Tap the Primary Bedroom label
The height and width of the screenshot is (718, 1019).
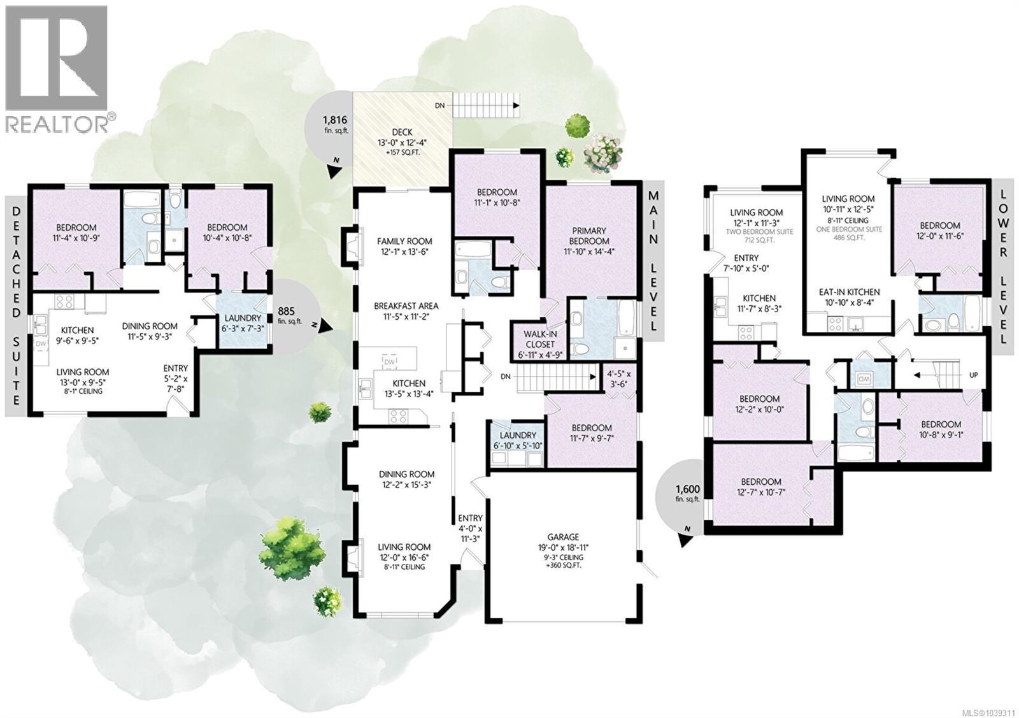tap(589, 236)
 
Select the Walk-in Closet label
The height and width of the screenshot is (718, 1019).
tap(540, 339)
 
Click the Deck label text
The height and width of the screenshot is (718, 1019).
tap(402, 132)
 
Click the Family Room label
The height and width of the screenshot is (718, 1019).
tap(404, 241)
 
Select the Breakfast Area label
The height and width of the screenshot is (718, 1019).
tap(406, 306)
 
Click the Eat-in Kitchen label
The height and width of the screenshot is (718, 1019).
tap(850, 292)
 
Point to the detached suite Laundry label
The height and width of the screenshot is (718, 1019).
tap(243, 318)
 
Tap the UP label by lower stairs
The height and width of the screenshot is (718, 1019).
tap(974, 375)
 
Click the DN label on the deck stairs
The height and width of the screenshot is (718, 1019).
tap(439, 106)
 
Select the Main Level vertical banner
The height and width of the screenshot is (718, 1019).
tap(653, 261)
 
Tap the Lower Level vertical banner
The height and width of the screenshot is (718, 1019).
tap(1004, 267)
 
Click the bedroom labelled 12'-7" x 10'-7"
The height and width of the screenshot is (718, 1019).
tap(761, 487)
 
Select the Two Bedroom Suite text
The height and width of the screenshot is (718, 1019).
tap(759, 232)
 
